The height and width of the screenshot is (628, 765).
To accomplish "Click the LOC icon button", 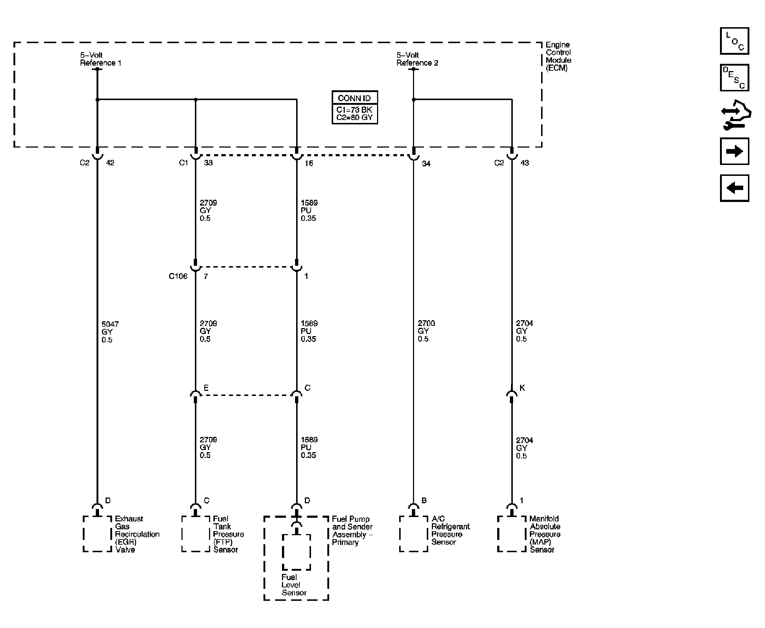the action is tap(735, 41).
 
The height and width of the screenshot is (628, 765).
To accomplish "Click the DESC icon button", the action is tap(735, 78).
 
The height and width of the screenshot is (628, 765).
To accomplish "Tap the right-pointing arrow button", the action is tap(735, 151).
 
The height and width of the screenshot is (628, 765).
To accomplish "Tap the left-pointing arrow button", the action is tap(735, 188).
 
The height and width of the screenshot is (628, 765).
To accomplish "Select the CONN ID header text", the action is tap(354, 98).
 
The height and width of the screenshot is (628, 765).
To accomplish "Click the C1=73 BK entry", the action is tap(354, 110).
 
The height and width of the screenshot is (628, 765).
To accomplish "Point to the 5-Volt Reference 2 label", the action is tap(417, 59).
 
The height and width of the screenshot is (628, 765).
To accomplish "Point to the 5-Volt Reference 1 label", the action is tap(101, 59).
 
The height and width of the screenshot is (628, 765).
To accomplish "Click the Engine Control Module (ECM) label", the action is tap(559, 56).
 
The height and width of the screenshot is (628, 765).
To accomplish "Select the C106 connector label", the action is tap(178, 276).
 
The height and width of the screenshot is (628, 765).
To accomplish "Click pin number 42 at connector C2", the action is tap(110, 163).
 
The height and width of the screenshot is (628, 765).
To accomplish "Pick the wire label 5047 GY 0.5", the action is tap(110, 332).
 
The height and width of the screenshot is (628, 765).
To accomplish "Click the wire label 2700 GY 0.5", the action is tap(426, 331).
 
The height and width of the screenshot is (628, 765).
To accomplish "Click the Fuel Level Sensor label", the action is tap(294, 585).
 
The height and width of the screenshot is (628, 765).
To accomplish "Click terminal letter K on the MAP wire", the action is tap(522, 388).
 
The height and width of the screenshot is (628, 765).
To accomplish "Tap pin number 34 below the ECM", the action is tap(426, 164).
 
